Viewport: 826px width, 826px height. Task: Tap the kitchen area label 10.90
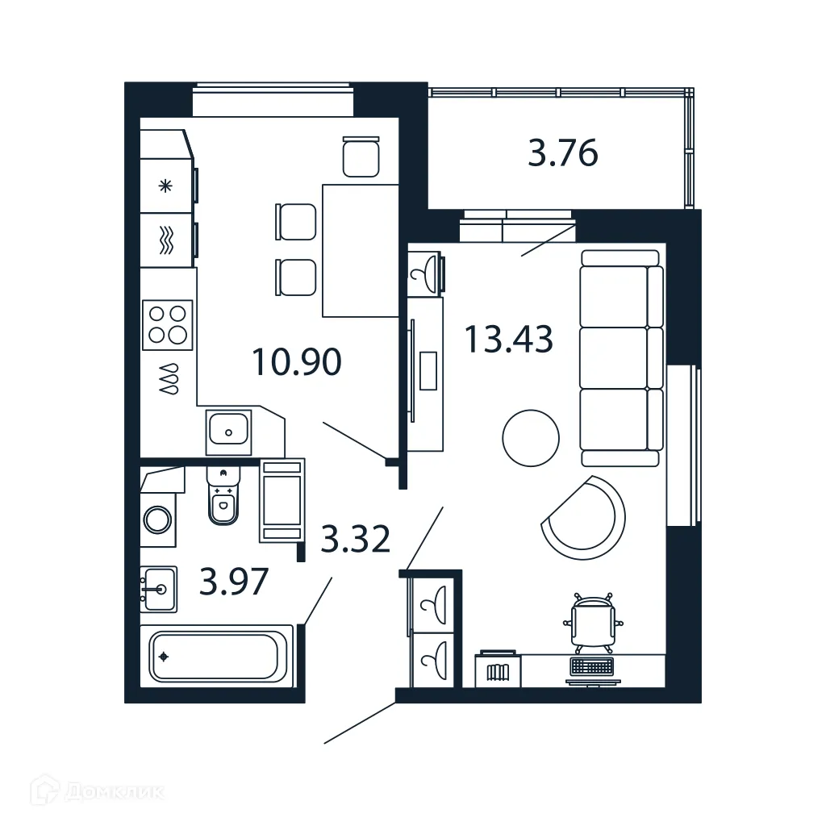[x=296, y=362]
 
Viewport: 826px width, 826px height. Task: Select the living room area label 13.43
[x=508, y=339]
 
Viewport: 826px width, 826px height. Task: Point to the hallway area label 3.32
[x=356, y=539]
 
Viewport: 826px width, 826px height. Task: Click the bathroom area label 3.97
[x=233, y=582]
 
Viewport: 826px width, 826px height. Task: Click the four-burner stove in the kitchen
[x=168, y=324]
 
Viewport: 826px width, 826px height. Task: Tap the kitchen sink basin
[x=230, y=432]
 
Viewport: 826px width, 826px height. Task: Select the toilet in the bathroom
[x=222, y=500]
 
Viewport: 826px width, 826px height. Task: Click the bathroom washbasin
[x=157, y=589]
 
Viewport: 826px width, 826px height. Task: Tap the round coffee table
[x=531, y=438]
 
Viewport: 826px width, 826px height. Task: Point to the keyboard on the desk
[x=591, y=666]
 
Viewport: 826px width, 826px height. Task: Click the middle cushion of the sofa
[x=615, y=357]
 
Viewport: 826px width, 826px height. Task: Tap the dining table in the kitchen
[x=361, y=250]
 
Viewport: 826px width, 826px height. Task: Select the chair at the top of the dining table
[x=361, y=157]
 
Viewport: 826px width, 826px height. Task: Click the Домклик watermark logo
[x=98, y=791]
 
